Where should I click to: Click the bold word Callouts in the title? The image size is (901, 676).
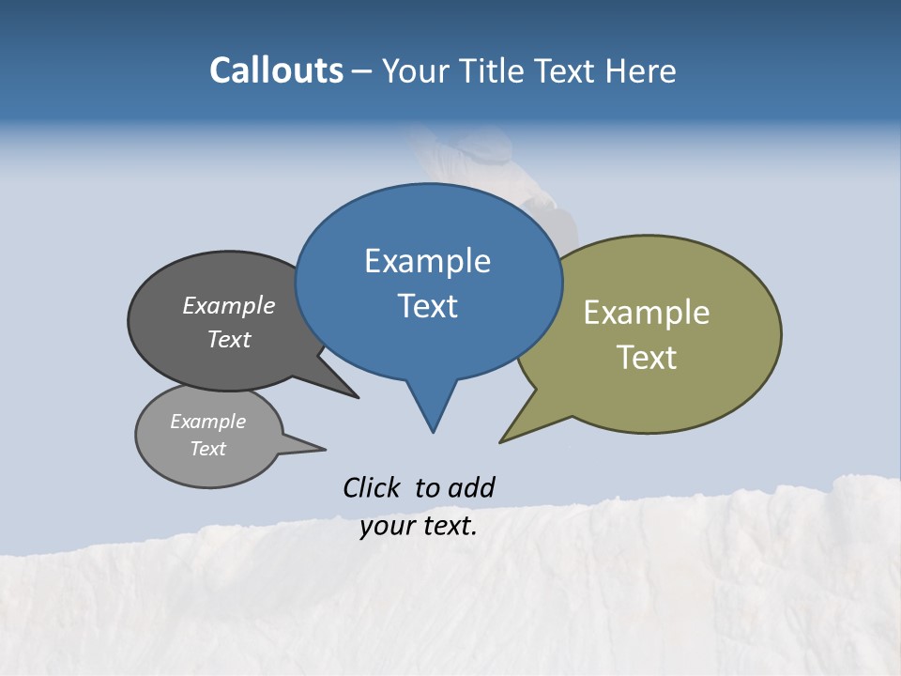277,70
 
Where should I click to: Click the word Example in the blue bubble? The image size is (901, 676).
427,261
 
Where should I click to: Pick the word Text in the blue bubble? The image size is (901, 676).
427,306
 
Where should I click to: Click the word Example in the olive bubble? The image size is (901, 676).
647,313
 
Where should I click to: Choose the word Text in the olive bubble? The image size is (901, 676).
647,358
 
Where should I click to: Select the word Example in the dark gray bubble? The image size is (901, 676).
229,306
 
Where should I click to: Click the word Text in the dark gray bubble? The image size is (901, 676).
229,340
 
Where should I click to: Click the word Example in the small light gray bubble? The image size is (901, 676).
207,422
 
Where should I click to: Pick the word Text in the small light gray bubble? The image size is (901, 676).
207,449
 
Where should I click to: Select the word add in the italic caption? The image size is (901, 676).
471,487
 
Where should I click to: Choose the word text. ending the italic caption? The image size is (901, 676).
450,526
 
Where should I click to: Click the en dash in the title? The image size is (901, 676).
363,71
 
